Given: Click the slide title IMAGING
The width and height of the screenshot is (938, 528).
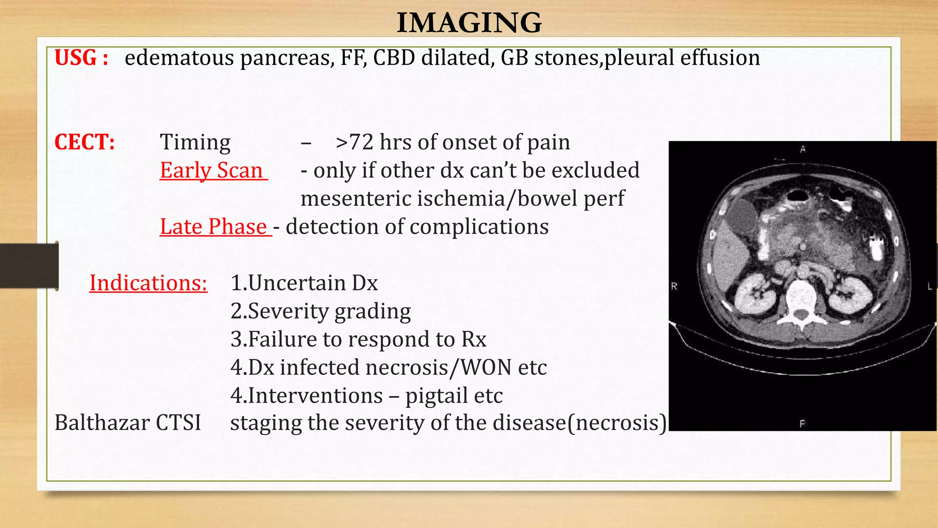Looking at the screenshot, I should click(x=469, y=22).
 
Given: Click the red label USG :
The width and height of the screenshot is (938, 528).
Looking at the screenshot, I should click(x=82, y=58).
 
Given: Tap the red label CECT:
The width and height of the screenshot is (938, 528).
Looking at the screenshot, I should click(x=84, y=142).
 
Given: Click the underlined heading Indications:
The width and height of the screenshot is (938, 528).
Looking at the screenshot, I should click(x=148, y=283).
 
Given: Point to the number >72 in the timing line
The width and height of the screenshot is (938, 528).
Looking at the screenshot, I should click(x=354, y=143).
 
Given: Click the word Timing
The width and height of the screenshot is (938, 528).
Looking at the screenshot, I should click(x=195, y=143).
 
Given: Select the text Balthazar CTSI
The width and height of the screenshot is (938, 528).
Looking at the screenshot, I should click(x=128, y=423).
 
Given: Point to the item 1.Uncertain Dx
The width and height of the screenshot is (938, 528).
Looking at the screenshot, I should click(x=304, y=283).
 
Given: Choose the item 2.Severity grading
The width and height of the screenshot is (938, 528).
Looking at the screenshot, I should click(x=320, y=312).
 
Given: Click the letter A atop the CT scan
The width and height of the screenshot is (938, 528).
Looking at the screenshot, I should click(x=802, y=149).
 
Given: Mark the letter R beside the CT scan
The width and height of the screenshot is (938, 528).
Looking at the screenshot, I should click(x=674, y=286).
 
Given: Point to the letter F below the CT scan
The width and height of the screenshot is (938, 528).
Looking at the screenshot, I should click(x=802, y=424).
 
